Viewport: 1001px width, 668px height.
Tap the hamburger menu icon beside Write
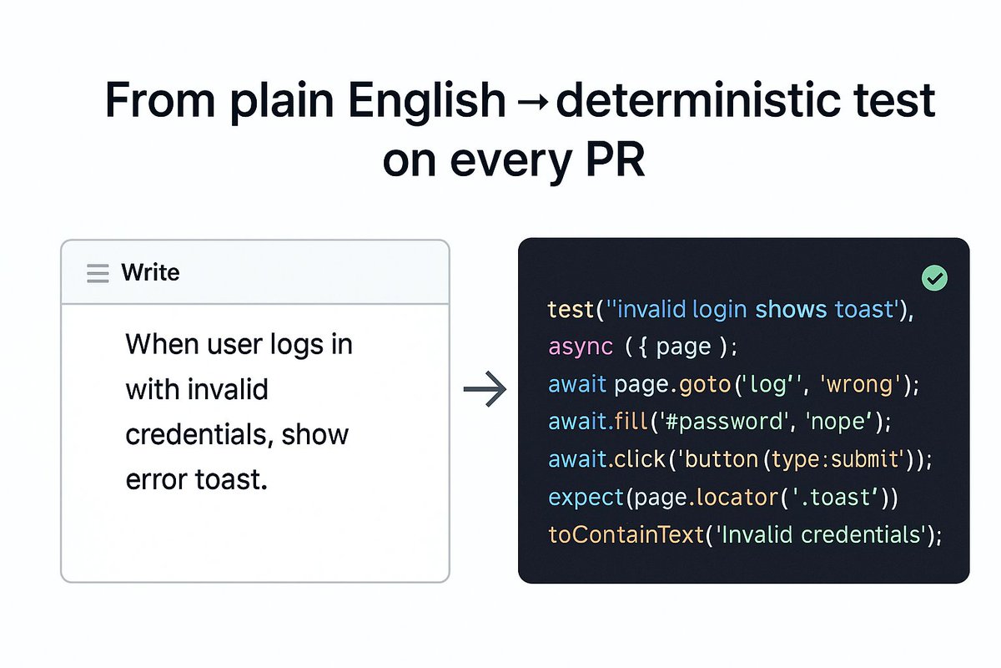(x=98, y=273)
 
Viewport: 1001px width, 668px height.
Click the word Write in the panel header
(x=150, y=272)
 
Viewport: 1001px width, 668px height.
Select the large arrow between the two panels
(x=485, y=389)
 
